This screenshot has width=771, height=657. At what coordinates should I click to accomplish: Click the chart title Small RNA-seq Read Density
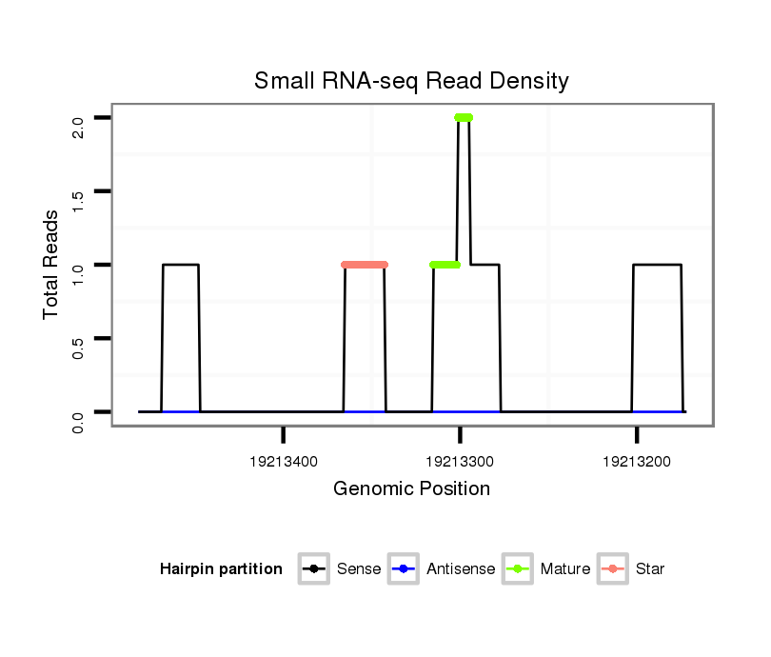[411, 81]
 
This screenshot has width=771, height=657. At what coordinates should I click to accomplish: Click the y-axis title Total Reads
[53, 265]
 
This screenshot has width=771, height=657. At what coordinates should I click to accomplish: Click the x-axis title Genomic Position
[411, 489]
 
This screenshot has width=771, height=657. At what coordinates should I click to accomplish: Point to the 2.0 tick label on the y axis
[79, 125]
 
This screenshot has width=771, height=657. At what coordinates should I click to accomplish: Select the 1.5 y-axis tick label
[79, 199]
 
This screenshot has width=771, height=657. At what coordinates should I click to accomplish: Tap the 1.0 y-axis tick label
[79, 272]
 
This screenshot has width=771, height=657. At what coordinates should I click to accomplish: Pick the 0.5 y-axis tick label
[79, 347]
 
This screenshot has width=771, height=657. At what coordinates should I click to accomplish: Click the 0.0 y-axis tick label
[79, 420]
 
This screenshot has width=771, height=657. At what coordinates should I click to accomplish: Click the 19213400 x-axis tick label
[284, 462]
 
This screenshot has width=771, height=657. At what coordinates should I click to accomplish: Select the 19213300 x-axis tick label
[461, 462]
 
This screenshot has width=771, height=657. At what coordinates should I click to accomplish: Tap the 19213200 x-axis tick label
[637, 462]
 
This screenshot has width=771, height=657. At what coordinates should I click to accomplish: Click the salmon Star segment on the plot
[365, 265]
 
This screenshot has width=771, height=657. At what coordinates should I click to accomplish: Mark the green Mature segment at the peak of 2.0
[464, 118]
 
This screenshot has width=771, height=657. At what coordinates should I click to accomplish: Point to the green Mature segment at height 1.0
[445, 265]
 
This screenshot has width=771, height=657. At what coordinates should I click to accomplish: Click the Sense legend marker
[313, 569]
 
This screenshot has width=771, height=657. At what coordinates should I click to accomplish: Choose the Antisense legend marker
[403, 569]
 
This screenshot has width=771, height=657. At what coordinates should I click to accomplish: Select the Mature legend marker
[517, 569]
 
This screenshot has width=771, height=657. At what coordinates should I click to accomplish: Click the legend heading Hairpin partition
[221, 569]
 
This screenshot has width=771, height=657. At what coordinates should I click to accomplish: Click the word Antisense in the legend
[461, 569]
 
